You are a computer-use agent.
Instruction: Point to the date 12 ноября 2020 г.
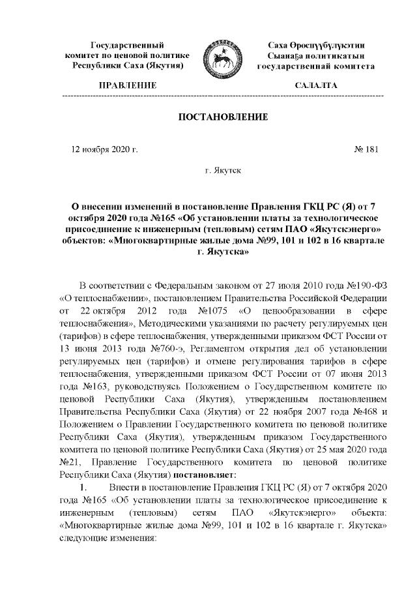[105, 149]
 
